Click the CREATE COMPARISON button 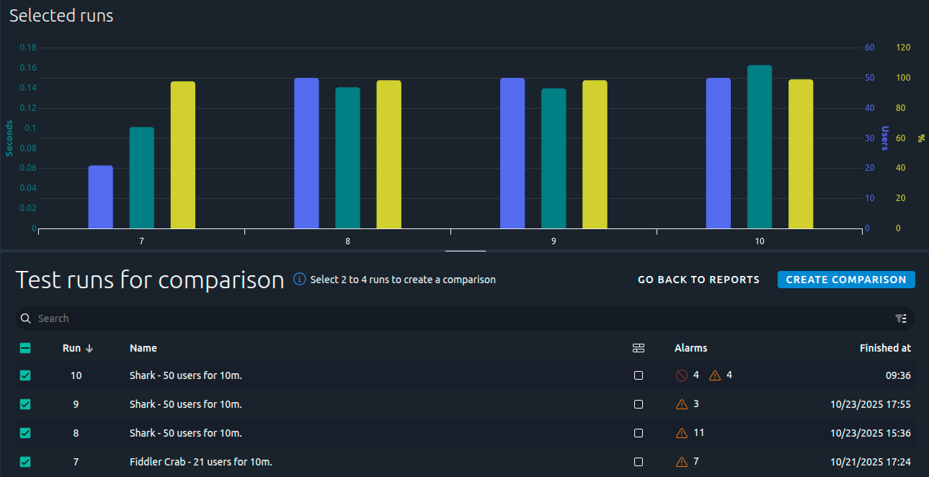[x=846, y=280]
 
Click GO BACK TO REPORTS [x=698, y=280]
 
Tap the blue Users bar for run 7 [x=100, y=197]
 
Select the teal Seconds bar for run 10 [x=760, y=147]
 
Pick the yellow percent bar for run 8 [x=388, y=154]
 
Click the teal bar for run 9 [x=554, y=159]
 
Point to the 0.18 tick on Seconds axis [x=28, y=48]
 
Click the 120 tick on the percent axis [x=903, y=48]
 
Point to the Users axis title [x=884, y=138]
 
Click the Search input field [x=461, y=318]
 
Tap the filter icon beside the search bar [x=900, y=318]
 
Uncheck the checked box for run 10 [x=25, y=375]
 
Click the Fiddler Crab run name [x=200, y=462]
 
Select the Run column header [x=72, y=348]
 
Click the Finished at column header [x=885, y=348]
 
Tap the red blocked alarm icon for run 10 [x=682, y=375]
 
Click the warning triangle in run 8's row [x=682, y=433]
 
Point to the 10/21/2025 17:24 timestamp [x=871, y=462]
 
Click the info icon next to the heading [x=300, y=279]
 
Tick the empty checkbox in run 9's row [x=639, y=404]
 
